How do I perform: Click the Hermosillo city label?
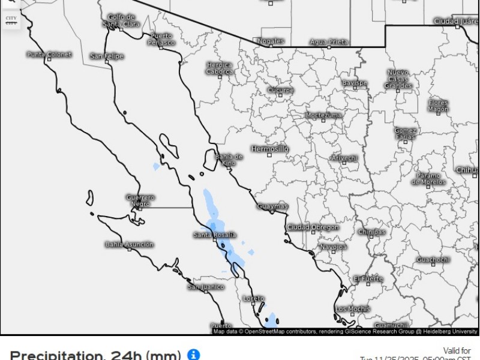click(x=269, y=148)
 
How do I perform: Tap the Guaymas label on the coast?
click(x=272, y=206)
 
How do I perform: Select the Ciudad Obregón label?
click(x=313, y=227)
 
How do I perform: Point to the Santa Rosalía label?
click(x=214, y=235)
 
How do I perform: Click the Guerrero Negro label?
click(x=140, y=200)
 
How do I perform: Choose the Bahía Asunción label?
click(x=130, y=244)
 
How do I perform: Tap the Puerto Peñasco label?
click(x=161, y=40)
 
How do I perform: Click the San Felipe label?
click(x=107, y=56)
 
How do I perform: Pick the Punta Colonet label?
click(x=49, y=55)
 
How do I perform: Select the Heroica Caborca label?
click(x=220, y=68)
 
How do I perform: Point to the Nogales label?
click(x=270, y=41)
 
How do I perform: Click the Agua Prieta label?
click(x=329, y=42)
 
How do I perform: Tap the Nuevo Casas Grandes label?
click(x=398, y=79)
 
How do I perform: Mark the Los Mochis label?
click(x=352, y=309)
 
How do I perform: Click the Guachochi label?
click(x=433, y=259)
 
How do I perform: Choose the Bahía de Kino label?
click(x=229, y=160)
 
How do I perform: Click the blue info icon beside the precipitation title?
click(x=193, y=355)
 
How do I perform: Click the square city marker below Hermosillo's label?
click(x=269, y=155)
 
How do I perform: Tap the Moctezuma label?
click(x=323, y=115)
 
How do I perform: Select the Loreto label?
click(x=254, y=298)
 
